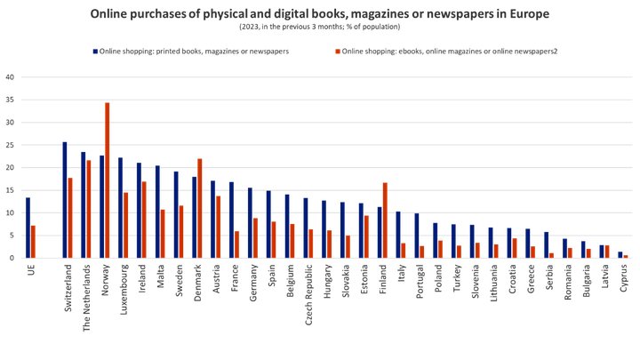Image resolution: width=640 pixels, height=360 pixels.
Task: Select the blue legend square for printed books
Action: tap(92, 51)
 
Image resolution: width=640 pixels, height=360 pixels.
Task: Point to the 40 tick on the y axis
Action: tap(11, 76)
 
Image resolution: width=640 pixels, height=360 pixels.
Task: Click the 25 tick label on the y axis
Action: tap(11, 145)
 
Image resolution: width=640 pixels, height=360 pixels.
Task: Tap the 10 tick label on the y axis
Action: tap(11, 213)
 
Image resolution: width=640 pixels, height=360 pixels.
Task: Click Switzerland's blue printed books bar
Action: tap(65, 200)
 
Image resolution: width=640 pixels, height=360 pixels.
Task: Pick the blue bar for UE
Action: tap(28, 228)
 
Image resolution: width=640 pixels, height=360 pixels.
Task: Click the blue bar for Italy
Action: tap(397, 235)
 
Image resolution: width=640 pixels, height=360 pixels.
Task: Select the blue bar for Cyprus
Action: tap(620, 255)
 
